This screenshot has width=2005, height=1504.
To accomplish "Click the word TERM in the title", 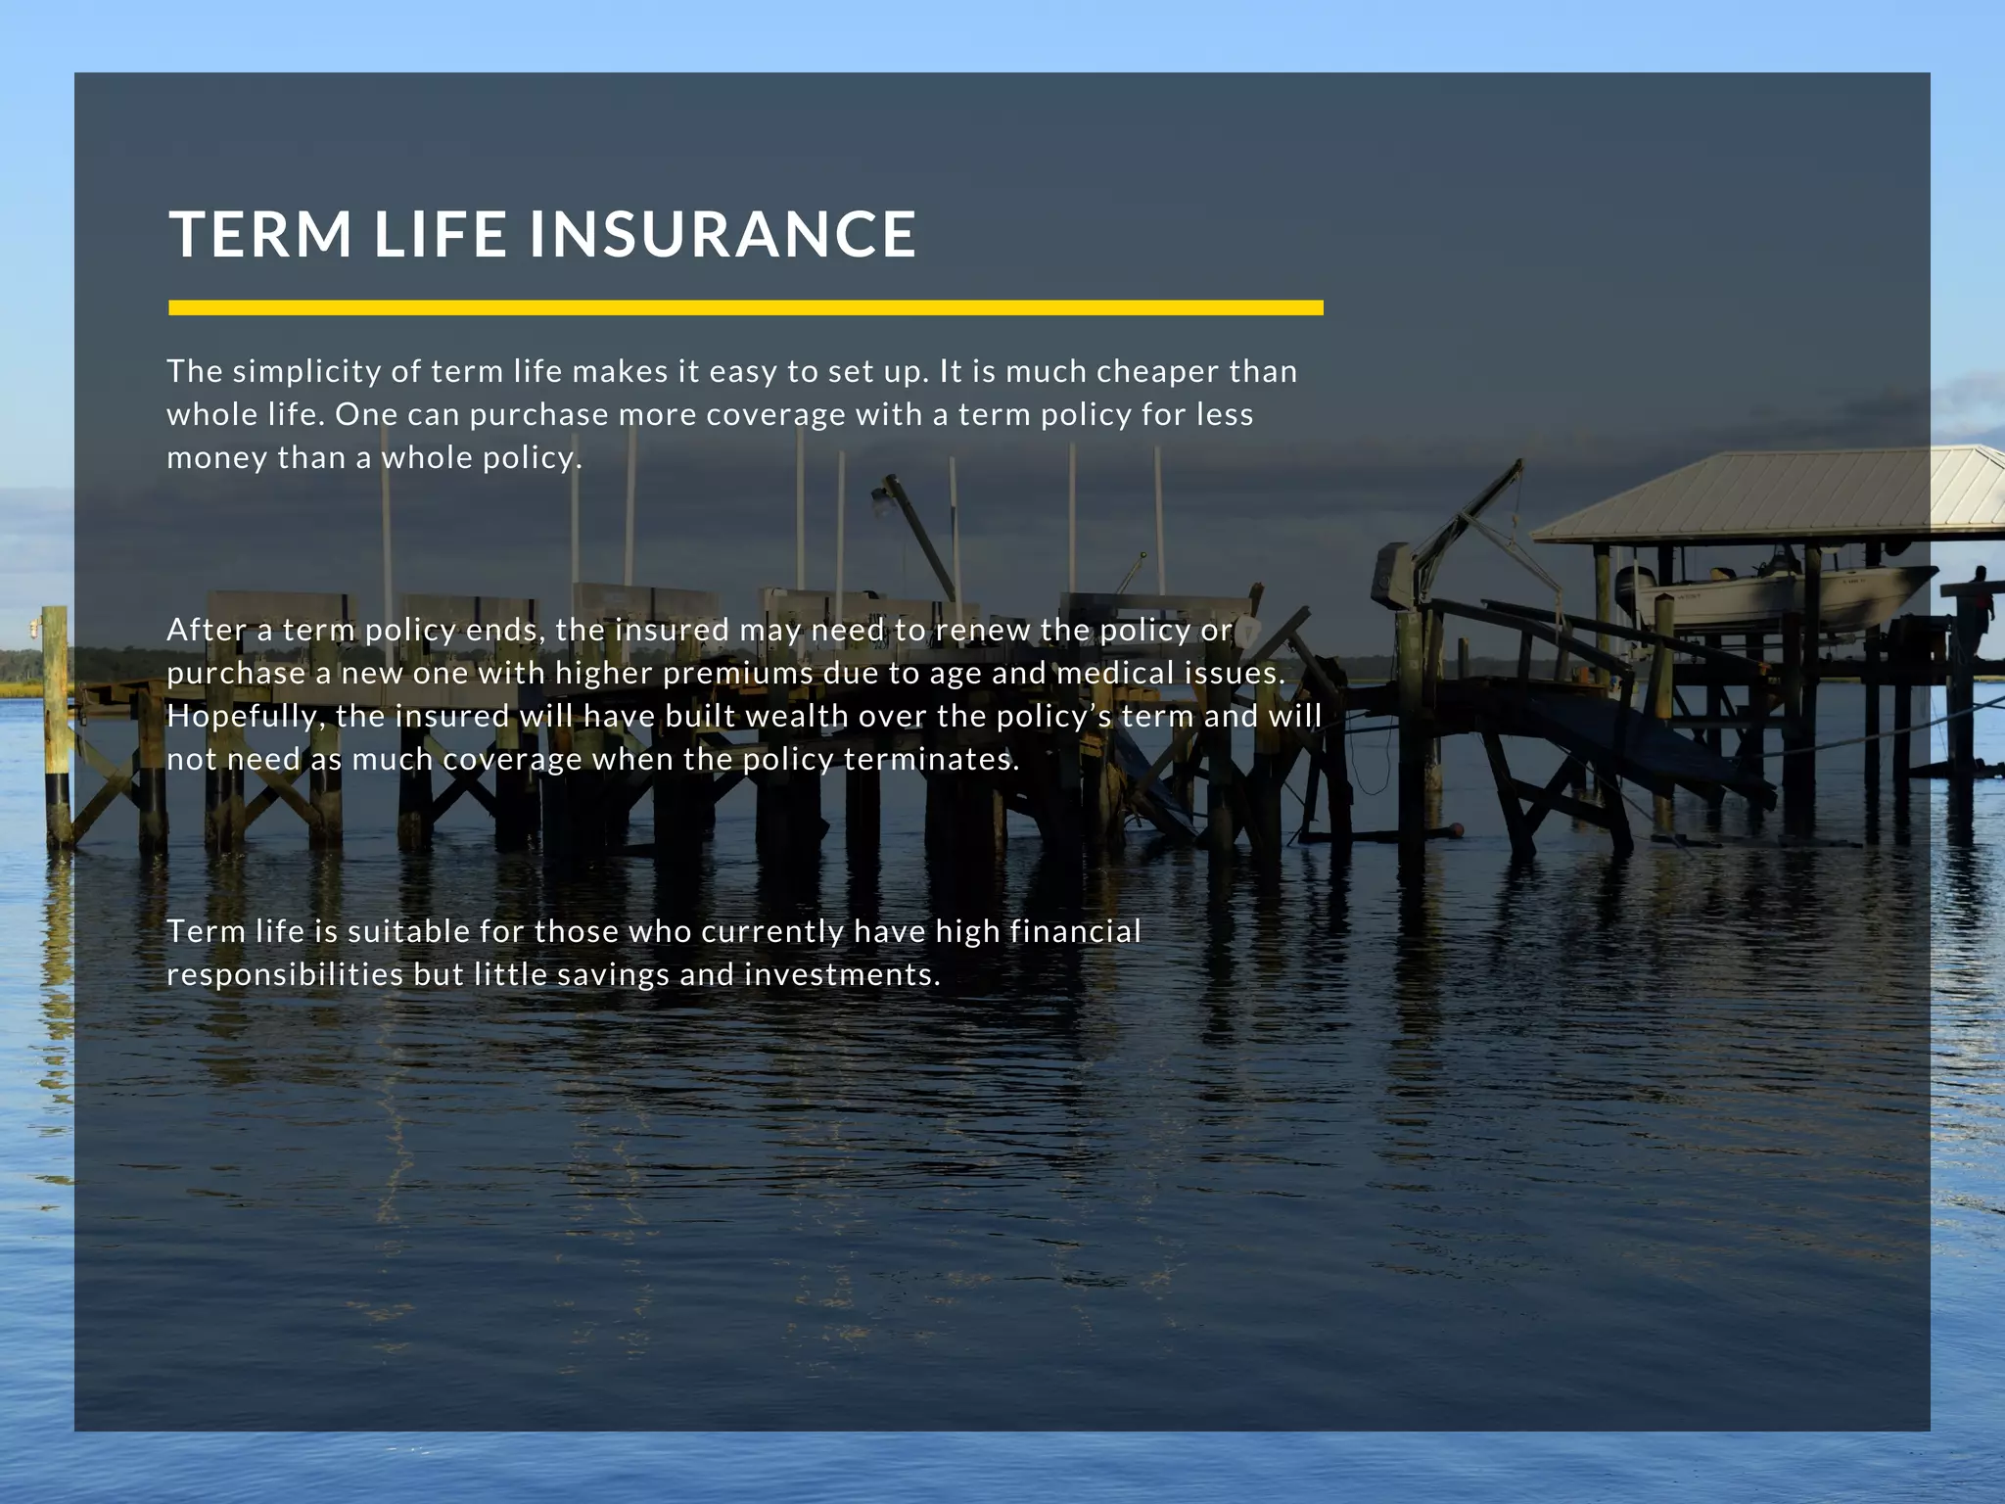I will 260,235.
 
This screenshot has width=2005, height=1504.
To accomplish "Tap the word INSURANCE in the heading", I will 723,235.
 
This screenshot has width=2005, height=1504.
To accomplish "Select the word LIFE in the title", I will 441,235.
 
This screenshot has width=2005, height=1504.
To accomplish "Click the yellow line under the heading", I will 745,307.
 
